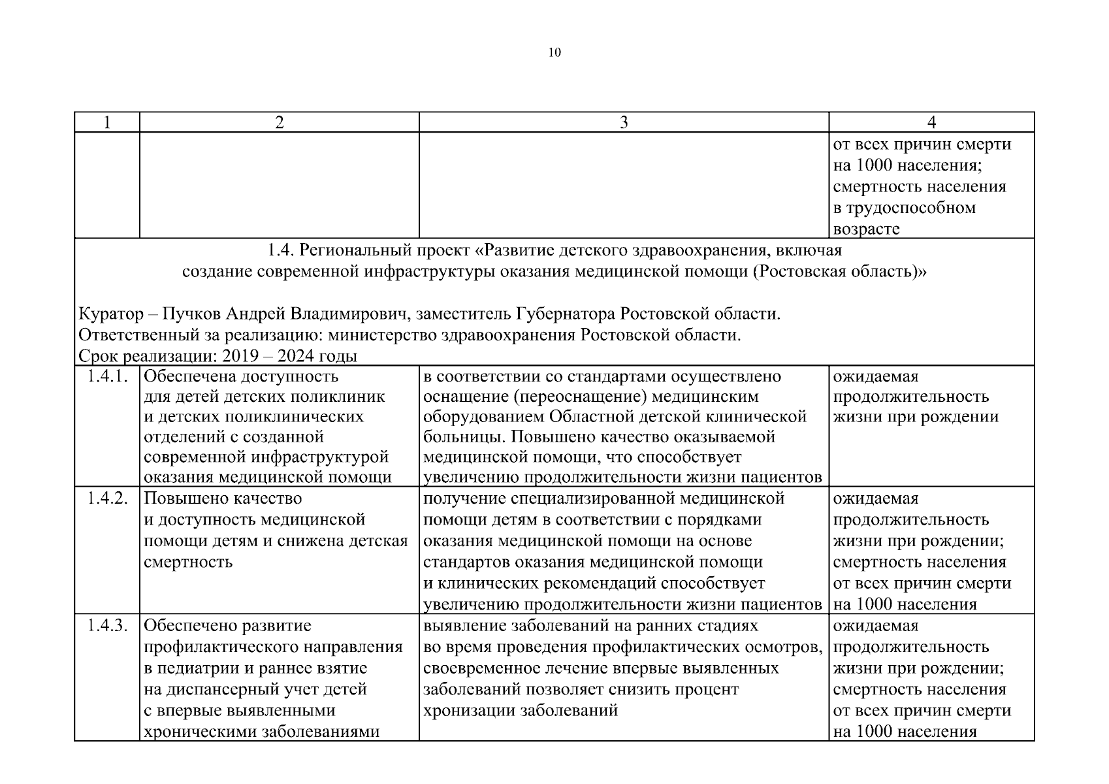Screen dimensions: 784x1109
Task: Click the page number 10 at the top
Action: (x=554, y=53)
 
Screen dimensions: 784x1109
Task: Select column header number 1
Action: (x=107, y=122)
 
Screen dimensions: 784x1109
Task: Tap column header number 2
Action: (x=280, y=122)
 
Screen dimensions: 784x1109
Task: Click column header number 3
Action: (x=624, y=122)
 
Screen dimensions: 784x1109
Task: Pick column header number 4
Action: (x=932, y=122)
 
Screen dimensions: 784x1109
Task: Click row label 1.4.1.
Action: (x=107, y=376)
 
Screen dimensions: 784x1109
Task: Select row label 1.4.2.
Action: (x=107, y=498)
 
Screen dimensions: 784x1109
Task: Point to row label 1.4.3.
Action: (x=107, y=626)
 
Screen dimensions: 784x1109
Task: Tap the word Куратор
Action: (x=110, y=314)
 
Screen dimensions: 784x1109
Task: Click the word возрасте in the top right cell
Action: (x=867, y=229)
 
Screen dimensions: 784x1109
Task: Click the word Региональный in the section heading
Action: (x=356, y=250)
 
